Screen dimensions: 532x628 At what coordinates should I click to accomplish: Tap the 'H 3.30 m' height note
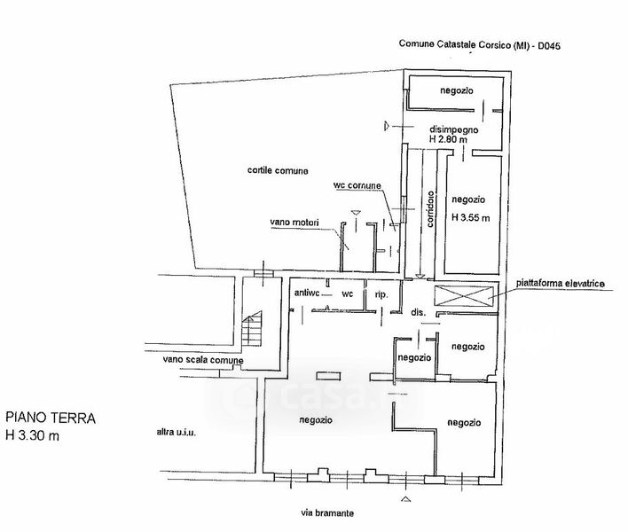click(x=35, y=434)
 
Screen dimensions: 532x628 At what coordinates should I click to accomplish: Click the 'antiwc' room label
click(x=306, y=292)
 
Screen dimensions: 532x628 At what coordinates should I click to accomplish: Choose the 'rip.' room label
click(x=381, y=293)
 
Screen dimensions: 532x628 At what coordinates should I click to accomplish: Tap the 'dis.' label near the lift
click(x=419, y=312)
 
